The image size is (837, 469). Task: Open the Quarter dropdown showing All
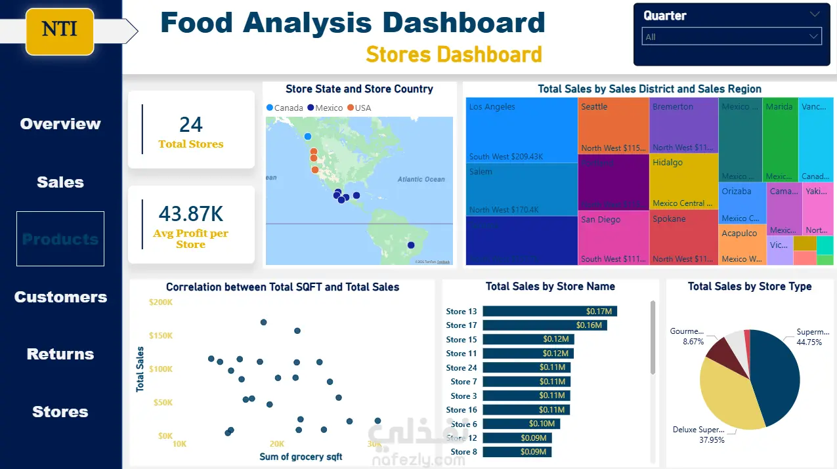[x=731, y=37]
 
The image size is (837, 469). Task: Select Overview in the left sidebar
[x=60, y=124]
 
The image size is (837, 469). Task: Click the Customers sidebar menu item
[x=60, y=297]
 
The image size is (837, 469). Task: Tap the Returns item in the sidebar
[x=60, y=354]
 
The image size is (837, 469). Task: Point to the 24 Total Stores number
[x=191, y=125]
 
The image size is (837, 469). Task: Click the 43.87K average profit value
[x=191, y=214]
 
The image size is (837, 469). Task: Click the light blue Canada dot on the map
[x=308, y=136]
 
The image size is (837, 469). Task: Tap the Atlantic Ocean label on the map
[x=421, y=179]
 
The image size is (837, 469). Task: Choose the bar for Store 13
[x=549, y=312]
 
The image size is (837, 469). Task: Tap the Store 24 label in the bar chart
[x=461, y=368]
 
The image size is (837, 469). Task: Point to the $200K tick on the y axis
[x=161, y=302]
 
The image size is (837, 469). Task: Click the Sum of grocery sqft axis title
[x=301, y=457]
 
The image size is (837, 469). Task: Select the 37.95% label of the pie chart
[x=712, y=440]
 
